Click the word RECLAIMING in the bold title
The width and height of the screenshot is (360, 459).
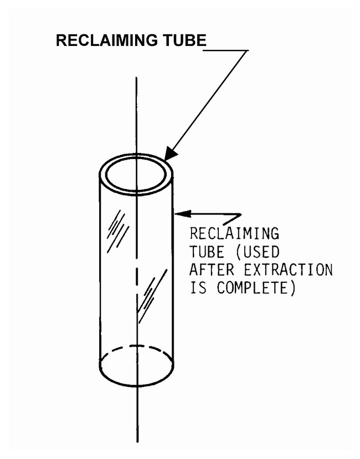[107, 40]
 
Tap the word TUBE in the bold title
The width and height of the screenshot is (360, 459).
[185, 40]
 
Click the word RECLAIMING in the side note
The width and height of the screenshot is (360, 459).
[234, 233]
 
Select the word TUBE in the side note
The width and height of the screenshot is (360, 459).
[207, 252]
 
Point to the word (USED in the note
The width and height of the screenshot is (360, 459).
[258, 252]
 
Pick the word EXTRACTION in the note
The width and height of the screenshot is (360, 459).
[289, 269]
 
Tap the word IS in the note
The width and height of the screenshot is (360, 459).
[198, 288]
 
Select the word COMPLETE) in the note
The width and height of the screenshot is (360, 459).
[256, 288]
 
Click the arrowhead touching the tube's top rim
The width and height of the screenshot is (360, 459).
[170, 154]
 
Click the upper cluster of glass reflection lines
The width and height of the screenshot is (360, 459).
[118, 231]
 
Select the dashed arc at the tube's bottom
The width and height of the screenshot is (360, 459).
[137, 347]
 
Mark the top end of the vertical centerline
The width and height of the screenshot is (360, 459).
[136, 77]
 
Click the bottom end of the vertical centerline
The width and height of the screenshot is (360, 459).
[137, 442]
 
